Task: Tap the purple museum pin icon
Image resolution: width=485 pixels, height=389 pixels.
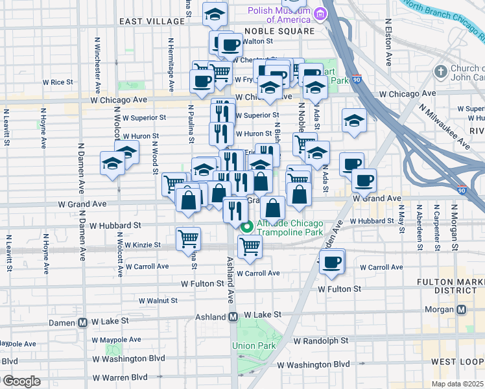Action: [319, 14]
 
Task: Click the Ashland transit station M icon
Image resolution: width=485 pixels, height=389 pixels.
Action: [233, 316]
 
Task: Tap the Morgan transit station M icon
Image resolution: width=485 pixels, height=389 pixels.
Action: [461, 309]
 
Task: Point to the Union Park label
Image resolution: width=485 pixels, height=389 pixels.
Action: [254, 345]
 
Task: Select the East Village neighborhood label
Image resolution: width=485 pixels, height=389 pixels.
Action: [152, 21]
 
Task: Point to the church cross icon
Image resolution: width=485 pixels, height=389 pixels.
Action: [441, 71]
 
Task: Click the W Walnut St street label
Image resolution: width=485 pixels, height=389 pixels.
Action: [159, 300]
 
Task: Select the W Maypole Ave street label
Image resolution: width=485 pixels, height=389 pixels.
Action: [117, 339]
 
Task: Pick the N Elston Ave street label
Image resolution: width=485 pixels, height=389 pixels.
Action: [388, 46]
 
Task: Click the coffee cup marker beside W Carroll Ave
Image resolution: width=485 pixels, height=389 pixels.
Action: [332, 261]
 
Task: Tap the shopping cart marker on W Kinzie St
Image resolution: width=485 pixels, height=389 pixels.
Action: [188, 237]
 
